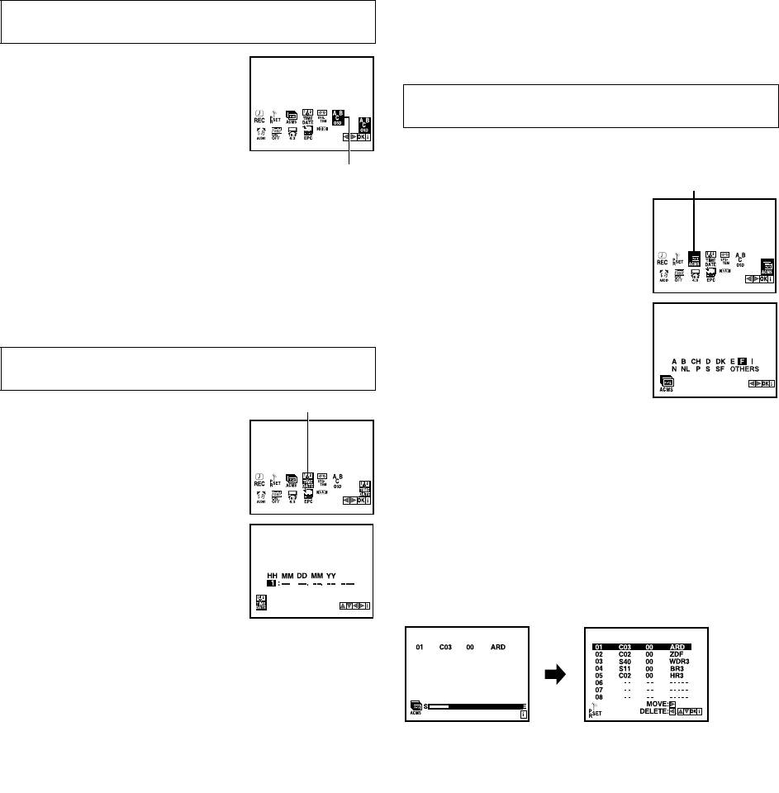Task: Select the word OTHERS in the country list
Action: pos(721,368)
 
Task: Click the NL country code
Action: pos(684,368)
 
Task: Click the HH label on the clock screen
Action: pos(272,575)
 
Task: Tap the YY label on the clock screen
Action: pos(330,575)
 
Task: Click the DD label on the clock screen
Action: pos(302,575)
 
